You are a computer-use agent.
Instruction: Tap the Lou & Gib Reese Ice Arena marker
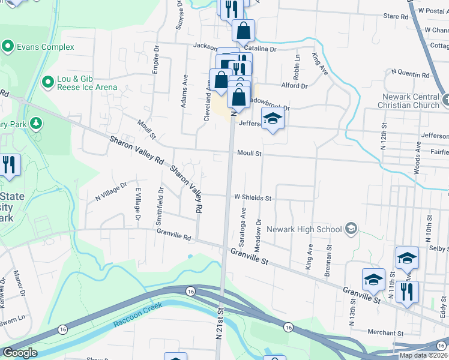click(x=48, y=80)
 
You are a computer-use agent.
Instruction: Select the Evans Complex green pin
click(x=8, y=45)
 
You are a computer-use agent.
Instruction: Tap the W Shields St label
click(x=253, y=197)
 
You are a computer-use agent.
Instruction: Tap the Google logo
click(x=20, y=353)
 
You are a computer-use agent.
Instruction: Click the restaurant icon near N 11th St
click(x=408, y=292)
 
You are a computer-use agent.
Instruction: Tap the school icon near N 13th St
click(x=373, y=280)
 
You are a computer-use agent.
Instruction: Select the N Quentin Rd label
click(x=410, y=76)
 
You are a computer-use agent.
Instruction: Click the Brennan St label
click(x=329, y=256)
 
